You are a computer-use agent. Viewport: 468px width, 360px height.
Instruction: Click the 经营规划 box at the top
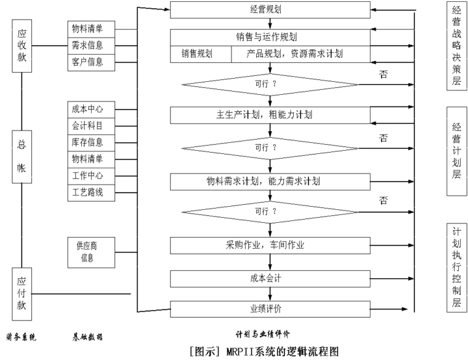click(x=270, y=10)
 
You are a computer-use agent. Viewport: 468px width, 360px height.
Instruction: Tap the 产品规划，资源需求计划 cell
click(x=300, y=54)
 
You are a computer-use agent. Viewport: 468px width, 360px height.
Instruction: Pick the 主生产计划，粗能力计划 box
click(x=270, y=114)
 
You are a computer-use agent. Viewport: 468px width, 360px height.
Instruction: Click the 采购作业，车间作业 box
click(x=270, y=245)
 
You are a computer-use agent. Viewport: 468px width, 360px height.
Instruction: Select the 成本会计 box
click(x=270, y=278)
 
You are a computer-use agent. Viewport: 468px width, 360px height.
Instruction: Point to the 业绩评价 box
click(x=270, y=307)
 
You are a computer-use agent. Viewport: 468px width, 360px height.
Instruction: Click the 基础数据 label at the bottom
click(x=87, y=337)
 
